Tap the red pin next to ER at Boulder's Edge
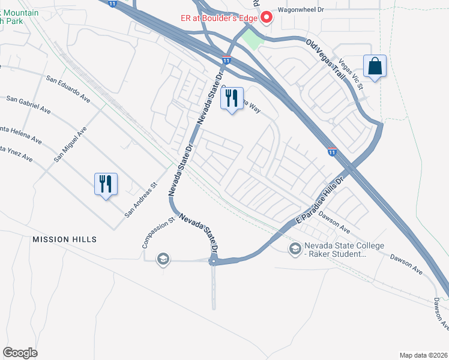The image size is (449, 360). click(266, 18)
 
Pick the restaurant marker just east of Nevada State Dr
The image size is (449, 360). click(232, 98)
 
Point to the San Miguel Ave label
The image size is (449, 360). click(70, 144)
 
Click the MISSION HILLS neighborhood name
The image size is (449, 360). click(64, 239)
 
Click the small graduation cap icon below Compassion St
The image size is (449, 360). click(162, 259)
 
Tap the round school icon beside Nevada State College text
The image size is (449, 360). click(295, 248)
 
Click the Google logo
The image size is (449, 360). click(20, 353)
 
